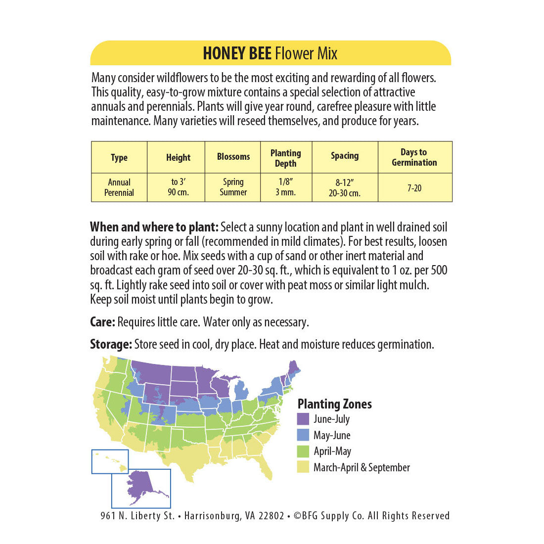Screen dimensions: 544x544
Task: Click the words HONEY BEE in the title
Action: pos(237,53)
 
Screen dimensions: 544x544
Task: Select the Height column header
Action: pos(178,158)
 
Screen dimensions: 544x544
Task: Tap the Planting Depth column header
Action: pos(285,158)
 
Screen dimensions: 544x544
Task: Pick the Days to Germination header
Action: pos(414,157)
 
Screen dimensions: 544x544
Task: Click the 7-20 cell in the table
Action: pos(414,188)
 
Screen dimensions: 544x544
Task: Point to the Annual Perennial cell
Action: pos(119,187)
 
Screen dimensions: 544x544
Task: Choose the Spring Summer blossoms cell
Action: pos(233,187)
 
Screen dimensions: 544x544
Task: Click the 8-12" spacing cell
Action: pos(344,188)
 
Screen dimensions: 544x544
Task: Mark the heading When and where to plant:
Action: pos(154,227)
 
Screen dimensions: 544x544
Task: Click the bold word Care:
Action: pos(102,322)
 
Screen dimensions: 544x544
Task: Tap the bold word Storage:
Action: pos(111,345)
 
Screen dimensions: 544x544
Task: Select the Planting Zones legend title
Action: pos(334,404)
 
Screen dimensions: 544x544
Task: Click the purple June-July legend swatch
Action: pos(303,419)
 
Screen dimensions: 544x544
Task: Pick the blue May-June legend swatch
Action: pos(303,435)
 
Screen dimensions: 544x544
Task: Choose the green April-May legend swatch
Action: pos(303,451)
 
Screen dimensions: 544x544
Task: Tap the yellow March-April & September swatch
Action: pos(303,467)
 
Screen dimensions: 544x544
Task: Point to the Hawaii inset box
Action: pos(110,461)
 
